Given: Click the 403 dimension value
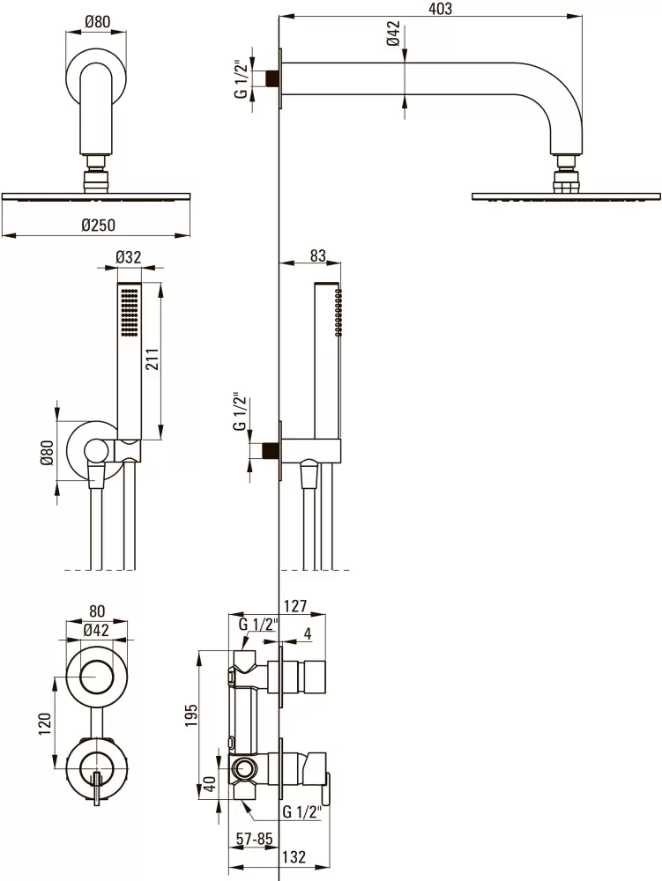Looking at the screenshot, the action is point(440,9).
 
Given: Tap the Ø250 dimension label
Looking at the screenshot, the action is point(98,225).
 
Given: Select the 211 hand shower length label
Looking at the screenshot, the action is point(152,359).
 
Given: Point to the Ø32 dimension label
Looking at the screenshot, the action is point(129,257).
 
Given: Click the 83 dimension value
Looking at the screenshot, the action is point(318,255).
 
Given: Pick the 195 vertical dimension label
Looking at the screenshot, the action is point(191,715).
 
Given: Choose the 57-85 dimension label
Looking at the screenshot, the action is point(254,840).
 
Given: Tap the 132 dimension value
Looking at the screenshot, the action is point(294,857).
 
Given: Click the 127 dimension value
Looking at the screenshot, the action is point(295,606).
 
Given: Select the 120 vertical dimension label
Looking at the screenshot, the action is point(45,723).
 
